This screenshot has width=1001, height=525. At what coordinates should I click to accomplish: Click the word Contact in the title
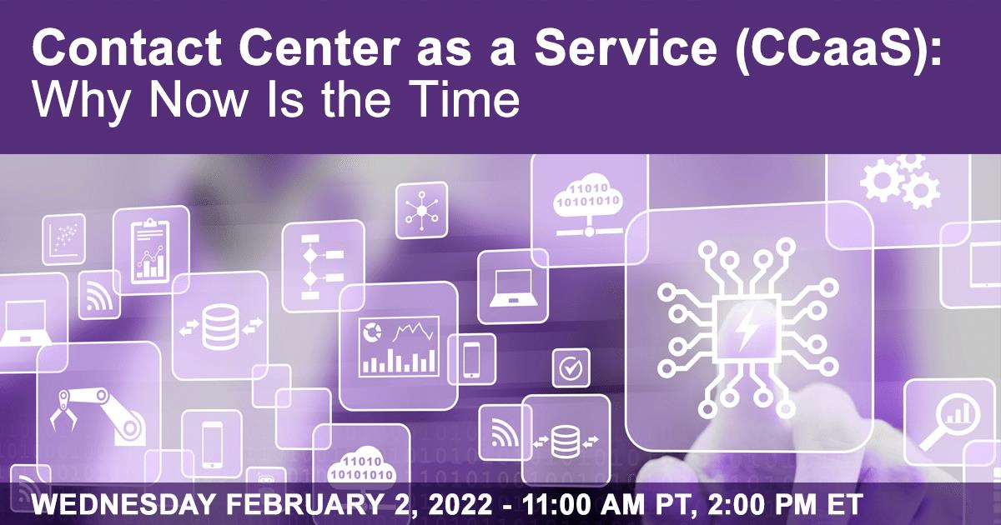point(127,47)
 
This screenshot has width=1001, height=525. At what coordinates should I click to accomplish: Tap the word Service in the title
point(626,47)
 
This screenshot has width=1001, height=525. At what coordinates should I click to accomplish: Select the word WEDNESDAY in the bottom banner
point(123,504)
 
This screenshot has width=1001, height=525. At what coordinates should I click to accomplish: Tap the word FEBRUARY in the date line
point(304,504)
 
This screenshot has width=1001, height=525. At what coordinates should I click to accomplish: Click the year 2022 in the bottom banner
point(460,504)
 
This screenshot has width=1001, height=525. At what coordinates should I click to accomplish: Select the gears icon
point(899,181)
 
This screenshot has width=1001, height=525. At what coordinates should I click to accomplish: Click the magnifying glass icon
point(948,422)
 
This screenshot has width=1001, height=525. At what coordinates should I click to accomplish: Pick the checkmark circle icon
point(571,368)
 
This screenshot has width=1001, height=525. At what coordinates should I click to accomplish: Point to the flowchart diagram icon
point(322,266)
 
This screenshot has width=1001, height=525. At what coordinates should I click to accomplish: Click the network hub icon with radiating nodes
point(421,211)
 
